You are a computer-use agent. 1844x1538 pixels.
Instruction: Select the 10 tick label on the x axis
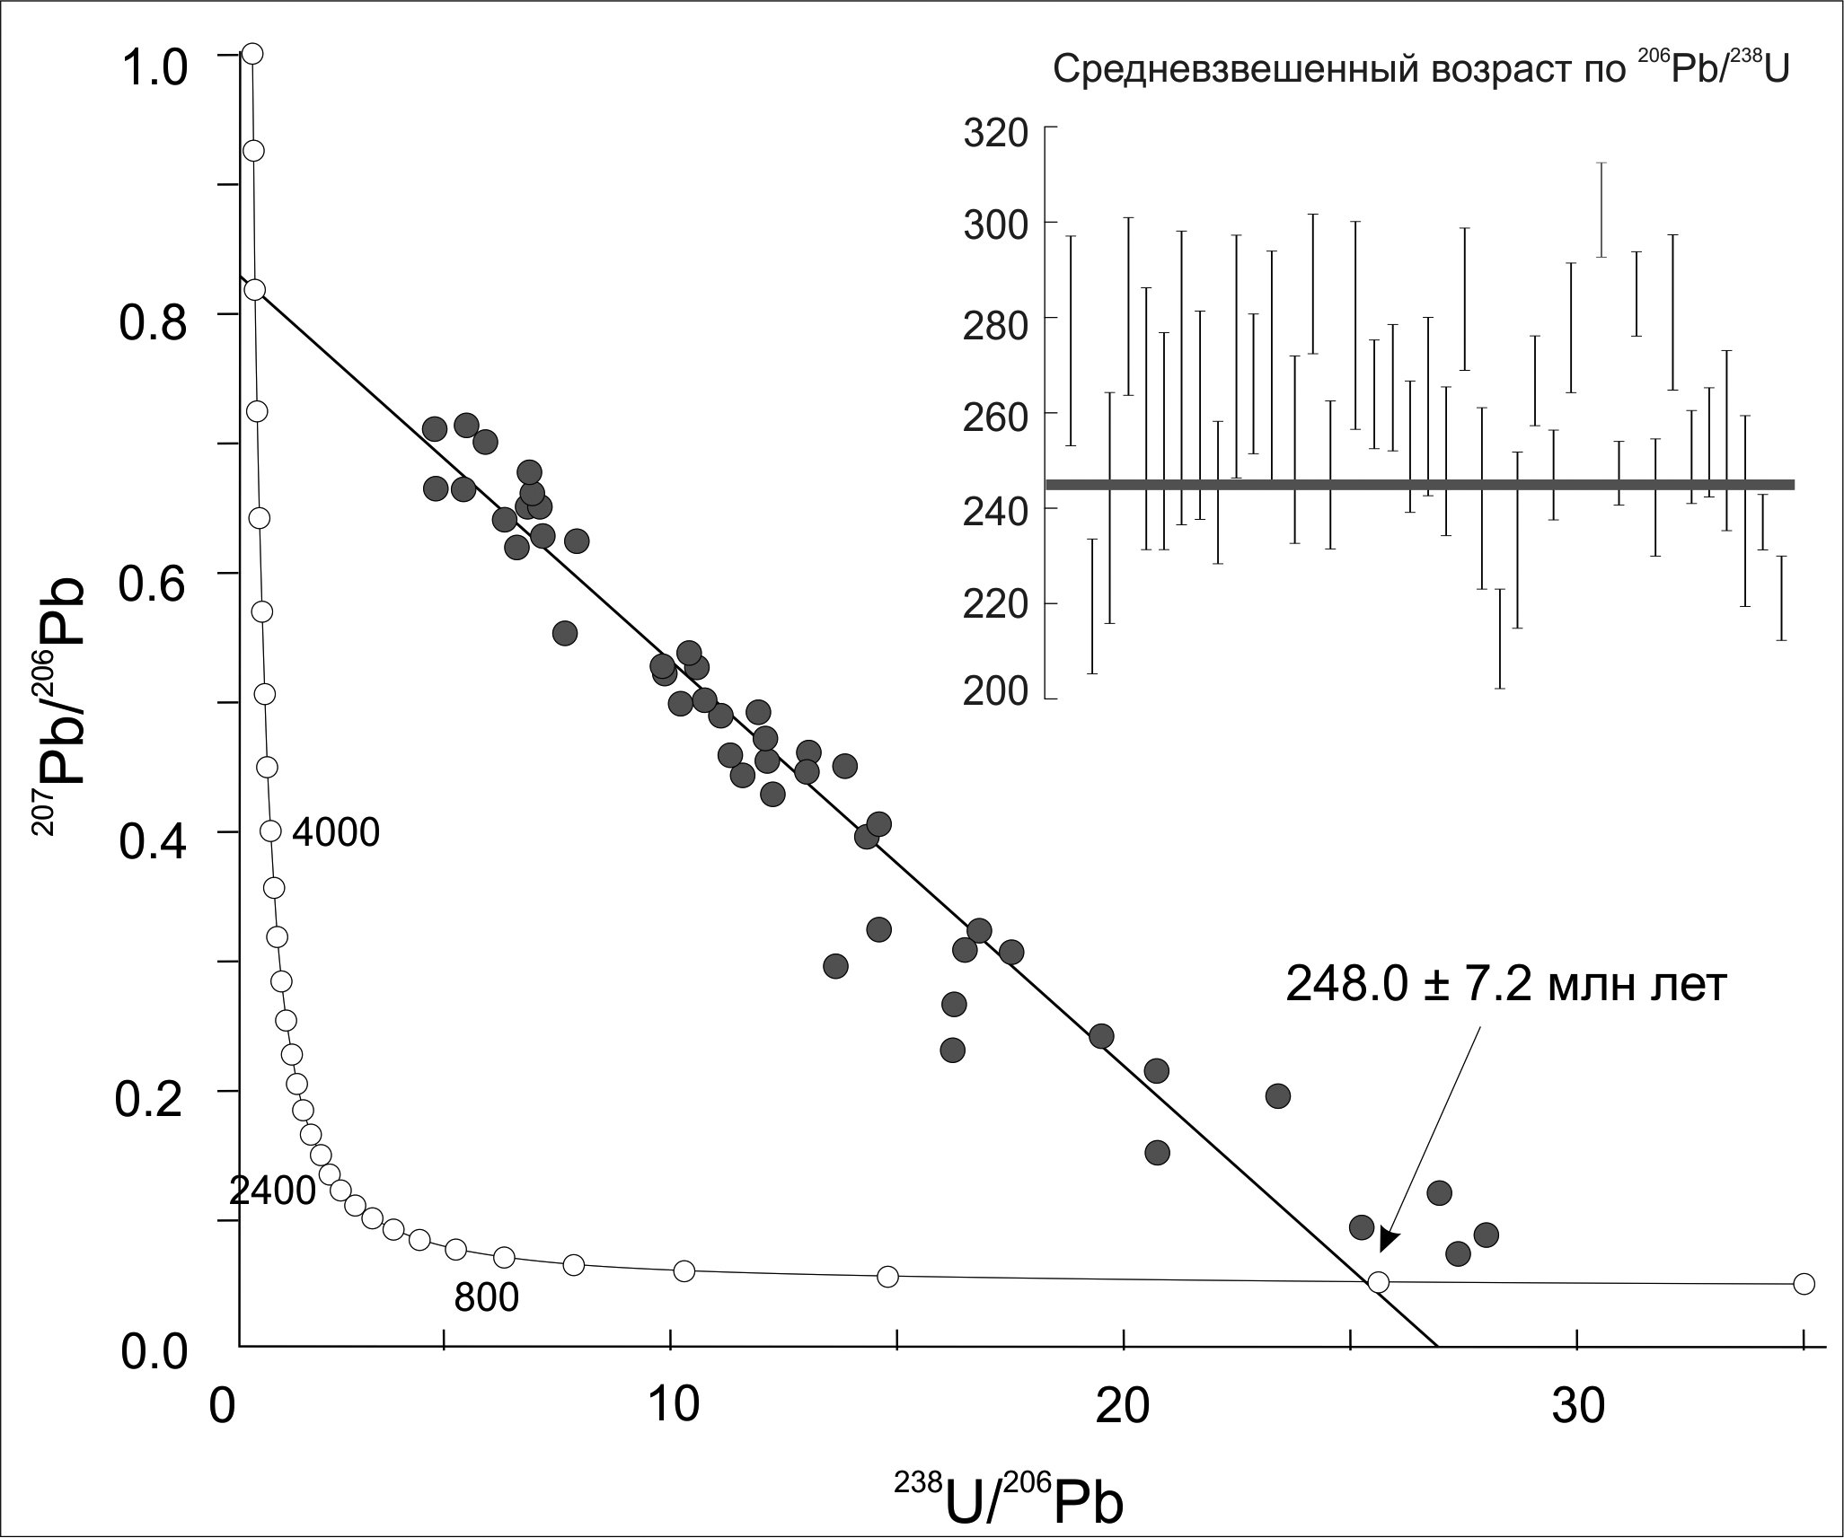tap(674, 1406)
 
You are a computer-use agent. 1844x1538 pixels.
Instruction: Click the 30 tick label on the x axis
tap(1578, 1406)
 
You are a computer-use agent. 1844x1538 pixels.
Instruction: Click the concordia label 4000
tap(336, 833)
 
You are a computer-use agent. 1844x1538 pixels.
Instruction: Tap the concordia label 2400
tap(272, 1191)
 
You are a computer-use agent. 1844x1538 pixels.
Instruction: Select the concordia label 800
tap(486, 1298)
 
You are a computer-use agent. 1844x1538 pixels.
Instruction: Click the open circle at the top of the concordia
tap(252, 54)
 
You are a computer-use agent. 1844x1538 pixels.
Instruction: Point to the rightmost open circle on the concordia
tap(1804, 1284)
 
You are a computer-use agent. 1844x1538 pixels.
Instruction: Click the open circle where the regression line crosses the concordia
tap(1378, 1282)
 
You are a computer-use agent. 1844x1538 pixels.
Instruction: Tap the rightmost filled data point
tap(1486, 1235)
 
